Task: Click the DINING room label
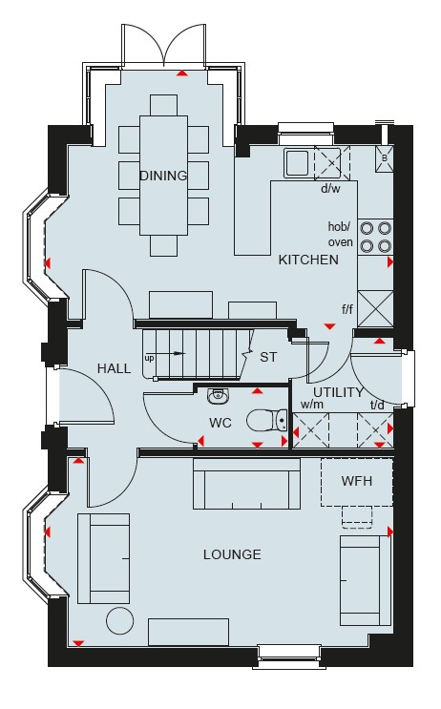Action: [163, 176]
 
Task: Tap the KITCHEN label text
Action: [308, 260]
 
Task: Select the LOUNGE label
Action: [232, 554]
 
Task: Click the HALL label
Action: [114, 368]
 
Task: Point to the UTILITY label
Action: [338, 392]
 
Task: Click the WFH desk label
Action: [357, 481]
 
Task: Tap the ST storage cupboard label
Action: [268, 357]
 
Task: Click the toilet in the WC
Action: [267, 421]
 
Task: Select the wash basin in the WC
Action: [220, 396]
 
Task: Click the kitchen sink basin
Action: [296, 163]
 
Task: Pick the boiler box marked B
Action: [384, 158]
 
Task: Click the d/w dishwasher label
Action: [330, 189]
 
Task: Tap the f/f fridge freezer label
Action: [346, 310]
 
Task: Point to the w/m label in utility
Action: [312, 405]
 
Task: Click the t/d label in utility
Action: [377, 406]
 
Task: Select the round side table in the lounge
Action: [120, 621]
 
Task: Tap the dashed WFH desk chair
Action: [357, 517]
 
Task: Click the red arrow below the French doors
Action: [181, 73]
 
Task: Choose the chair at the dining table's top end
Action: [164, 105]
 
